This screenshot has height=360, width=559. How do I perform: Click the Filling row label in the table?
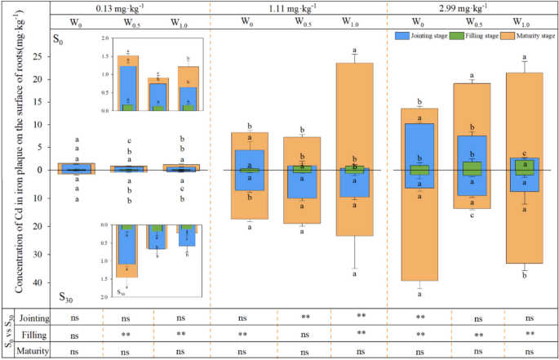click(x=37, y=334)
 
